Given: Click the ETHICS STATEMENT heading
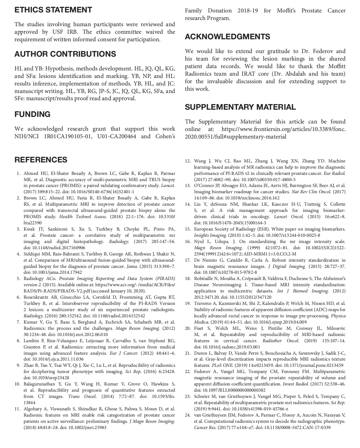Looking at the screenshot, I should click(53, 10).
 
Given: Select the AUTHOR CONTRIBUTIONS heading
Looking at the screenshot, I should click(65, 54).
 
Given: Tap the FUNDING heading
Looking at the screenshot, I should click(32, 114).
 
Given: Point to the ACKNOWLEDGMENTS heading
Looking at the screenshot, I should click(227, 37).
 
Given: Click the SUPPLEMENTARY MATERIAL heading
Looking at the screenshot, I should click(240, 107).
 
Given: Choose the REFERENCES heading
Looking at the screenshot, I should click(41, 160).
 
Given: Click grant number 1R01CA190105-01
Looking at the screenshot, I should click(68, 136).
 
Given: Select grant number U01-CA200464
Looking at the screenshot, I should click(117, 136).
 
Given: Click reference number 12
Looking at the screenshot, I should click(188, 161).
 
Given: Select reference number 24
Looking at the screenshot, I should click(188, 415).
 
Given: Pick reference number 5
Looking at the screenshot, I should click(19, 278).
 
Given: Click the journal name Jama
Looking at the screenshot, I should click(132, 266).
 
